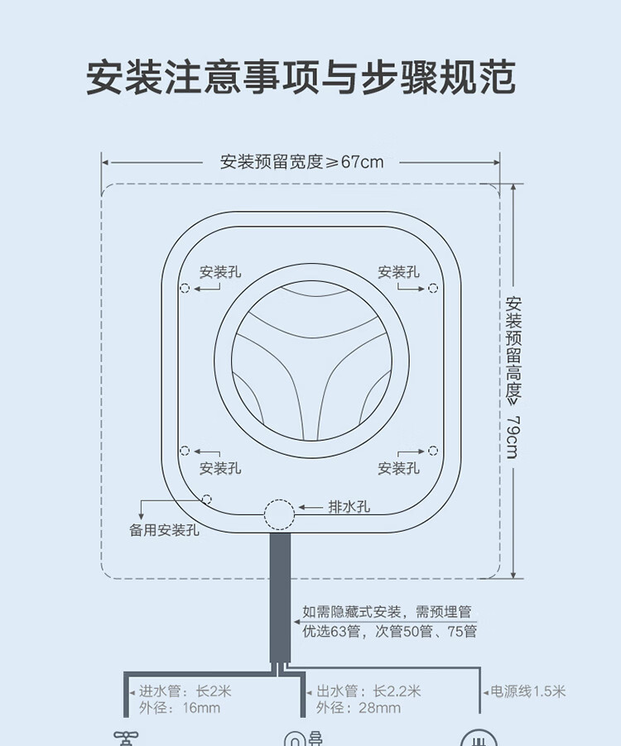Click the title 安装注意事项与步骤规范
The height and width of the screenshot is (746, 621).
coord(301,79)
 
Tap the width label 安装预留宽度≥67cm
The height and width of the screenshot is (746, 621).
coord(301,162)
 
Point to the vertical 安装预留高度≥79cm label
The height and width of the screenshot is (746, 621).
coord(513,377)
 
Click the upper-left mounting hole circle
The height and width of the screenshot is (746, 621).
coord(185,288)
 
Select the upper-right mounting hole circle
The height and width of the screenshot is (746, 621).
coord(433,288)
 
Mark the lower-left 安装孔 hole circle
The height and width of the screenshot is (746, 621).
coord(185,451)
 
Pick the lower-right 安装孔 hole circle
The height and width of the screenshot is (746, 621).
coord(433,451)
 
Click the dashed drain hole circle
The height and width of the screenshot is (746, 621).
coord(279,514)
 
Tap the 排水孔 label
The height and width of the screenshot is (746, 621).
coord(349,508)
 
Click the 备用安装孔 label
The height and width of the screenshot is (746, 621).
coord(164,530)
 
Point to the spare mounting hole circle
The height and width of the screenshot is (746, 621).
coord(206,500)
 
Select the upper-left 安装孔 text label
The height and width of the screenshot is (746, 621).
coord(219,272)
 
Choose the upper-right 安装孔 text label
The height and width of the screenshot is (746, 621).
coord(398,272)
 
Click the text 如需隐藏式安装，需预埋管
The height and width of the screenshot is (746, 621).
coord(387,613)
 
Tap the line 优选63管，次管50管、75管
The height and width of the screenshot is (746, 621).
coord(389,632)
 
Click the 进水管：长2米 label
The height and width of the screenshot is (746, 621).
coord(185,691)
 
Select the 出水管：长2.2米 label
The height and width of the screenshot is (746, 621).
coord(368,691)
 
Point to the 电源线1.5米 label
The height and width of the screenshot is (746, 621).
coord(528,691)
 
